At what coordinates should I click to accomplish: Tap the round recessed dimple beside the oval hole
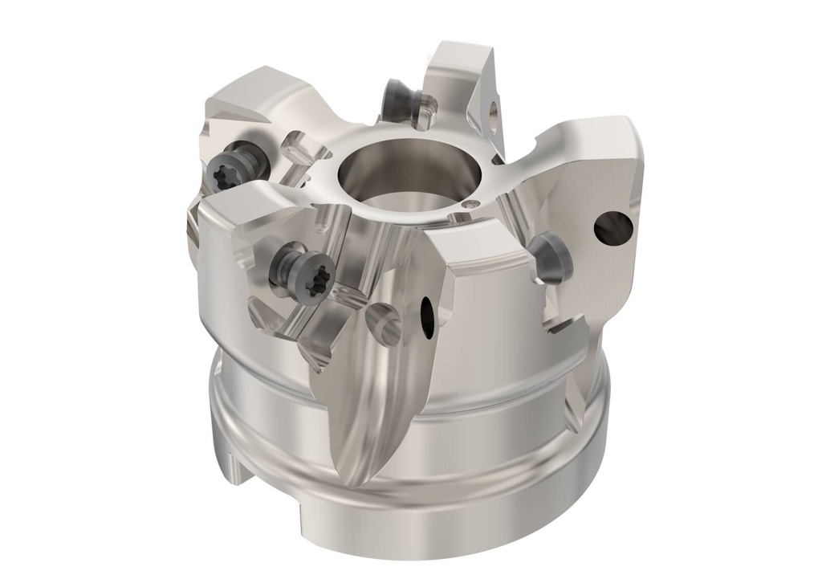coord(384,321)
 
